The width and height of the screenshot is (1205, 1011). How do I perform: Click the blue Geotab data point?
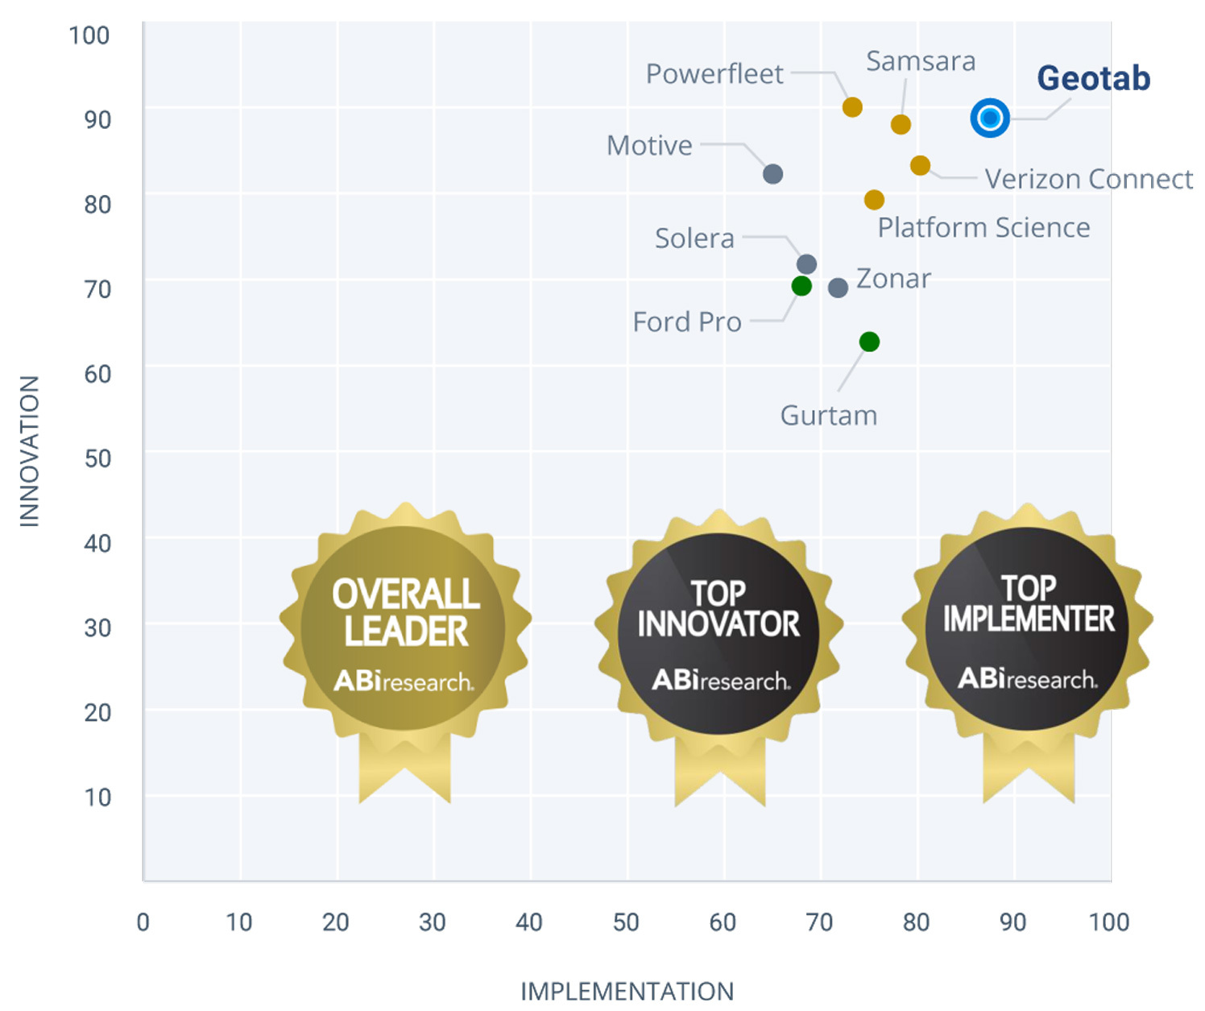pyautogui.click(x=990, y=118)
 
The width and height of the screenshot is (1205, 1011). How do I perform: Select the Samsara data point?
pyautogui.click(x=901, y=124)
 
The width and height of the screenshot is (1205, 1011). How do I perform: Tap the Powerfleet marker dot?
pyautogui.click(x=852, y=107)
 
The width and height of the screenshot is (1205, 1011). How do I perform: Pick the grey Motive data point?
pyautogui.click(x=772, y=174)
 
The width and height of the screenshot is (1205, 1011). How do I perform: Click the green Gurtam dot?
pyautogui.click(x=869, y=342)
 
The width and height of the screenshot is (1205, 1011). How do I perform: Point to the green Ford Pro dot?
pyautogui.click(x=801, y=285)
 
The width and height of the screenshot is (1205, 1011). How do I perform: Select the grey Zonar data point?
pyautogui.click(x=838, y=288)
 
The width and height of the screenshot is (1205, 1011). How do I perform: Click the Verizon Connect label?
pyautogui.click(x=1088, y=179)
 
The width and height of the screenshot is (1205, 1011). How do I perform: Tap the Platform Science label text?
pyautogui.click(x=983, y=228)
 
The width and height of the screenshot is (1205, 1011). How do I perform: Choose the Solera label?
pyautogui.click(x=694, y=238)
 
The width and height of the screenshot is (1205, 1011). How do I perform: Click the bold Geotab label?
pyautogui.click(x=1093, y=78)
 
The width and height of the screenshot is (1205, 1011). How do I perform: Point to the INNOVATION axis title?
pyautogui.click(x=30, y=451)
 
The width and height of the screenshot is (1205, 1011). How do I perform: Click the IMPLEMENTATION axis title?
pyautogui.click(x=627, y=991)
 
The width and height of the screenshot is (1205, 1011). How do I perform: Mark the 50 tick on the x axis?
pyautogui.click(x=626, y=922)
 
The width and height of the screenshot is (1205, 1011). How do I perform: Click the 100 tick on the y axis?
pyautogui.click(x=89, y=35)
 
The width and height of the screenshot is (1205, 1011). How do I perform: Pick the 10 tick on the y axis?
pyautogui.click(x=97, y=797)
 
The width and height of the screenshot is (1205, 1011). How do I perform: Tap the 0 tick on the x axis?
pyautogui.click(x=143, y=922)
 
